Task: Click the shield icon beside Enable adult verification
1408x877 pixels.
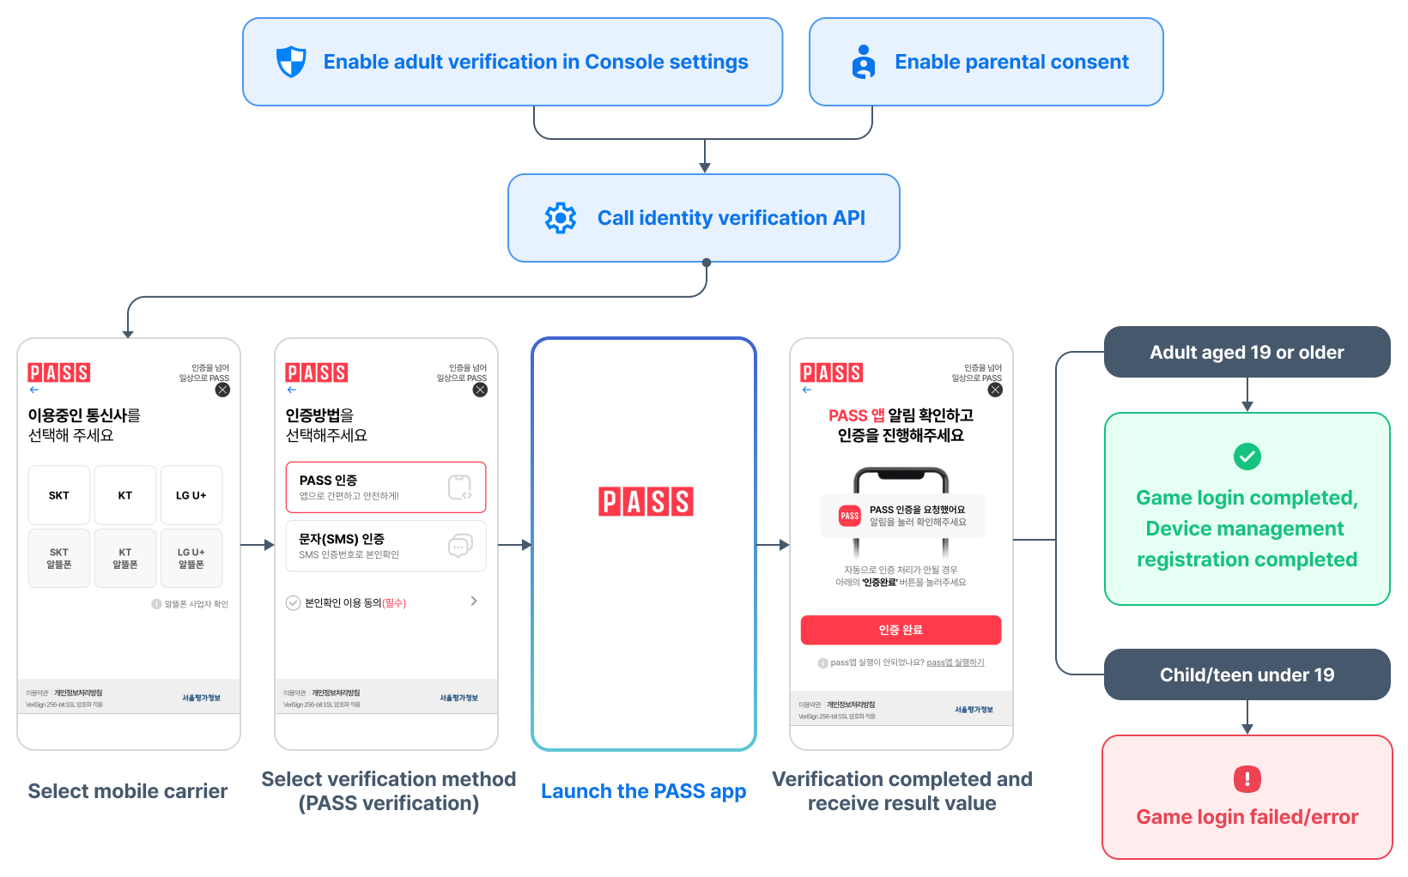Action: click(x=291, y=62)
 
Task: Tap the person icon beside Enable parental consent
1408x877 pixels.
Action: click(x=864, y=62)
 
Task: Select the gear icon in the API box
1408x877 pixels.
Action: click(x=561, y=218)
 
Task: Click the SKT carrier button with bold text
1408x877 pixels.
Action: click(x=59, y=495)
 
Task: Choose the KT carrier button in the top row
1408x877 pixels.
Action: click(x=125, y=495)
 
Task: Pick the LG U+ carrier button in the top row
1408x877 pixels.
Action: click(x=191, y=495)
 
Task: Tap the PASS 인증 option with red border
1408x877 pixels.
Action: click(x=385, y=487)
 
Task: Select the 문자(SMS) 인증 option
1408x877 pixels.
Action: click(x=385, y=546)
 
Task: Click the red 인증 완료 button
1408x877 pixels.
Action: click(x=901, y=630)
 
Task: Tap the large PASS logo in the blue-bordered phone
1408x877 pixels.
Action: click(x=646, y=502)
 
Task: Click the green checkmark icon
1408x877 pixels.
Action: click(x=1247, y=457)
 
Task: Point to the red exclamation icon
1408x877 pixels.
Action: click(x=1247, y=779)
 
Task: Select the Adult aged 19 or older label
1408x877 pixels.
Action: click(x=1247, y=352)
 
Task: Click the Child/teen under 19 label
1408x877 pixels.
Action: click(x=1247, y=674)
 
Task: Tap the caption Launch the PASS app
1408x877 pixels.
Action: click(x=643, y=791)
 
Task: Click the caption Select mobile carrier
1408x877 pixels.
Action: click(x=128, y=791)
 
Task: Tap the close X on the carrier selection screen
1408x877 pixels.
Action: click(x=222, y=390)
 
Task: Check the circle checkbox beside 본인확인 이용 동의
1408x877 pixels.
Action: click(x=293, y=602)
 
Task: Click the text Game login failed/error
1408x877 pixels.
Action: click(x=1247, y=817)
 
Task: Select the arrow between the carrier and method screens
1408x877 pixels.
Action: click(x=257, y=545)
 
